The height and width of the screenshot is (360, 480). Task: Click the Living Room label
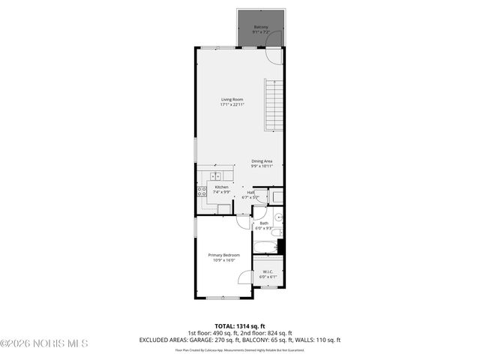click(232, 100)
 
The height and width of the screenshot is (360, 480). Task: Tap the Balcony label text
click(261, 27)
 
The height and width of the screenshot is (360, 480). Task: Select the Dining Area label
click(262, 160)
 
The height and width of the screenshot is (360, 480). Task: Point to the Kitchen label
click(222, 187)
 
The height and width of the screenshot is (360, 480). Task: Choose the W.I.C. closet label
click(268, 272)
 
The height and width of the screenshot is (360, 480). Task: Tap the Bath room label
click(264, 223)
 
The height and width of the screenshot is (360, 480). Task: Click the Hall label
click(251, 192)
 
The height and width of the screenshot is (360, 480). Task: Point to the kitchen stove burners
click(202, 191)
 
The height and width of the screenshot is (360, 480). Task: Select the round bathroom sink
click(278, 218)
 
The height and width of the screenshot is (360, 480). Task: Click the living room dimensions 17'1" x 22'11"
click(232, 105)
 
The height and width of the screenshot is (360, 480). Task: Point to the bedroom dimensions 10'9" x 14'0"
click(223, 260)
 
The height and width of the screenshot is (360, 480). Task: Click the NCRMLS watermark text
click(45, 343)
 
